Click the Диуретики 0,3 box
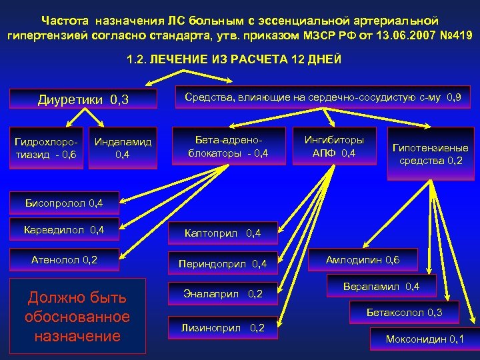(84, 100)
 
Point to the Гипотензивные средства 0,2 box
(429, 154)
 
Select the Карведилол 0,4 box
(63, 230)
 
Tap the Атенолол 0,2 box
(64, 259)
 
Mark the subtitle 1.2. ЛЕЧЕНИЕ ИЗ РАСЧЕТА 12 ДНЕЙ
(234, 60)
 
